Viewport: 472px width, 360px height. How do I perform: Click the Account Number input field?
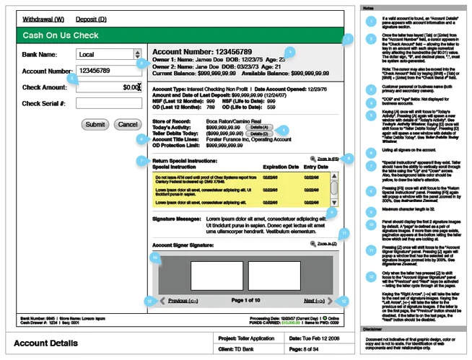coord(108,71)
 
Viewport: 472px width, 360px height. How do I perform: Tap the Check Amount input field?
coord(108,87)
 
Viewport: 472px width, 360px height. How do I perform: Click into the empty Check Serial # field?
coord(108,104)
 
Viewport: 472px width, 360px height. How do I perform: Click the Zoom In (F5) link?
coord(323,158)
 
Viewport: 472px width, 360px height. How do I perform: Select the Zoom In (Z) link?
coord(323,245)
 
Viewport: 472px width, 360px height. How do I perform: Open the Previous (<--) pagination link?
coord(183,300)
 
